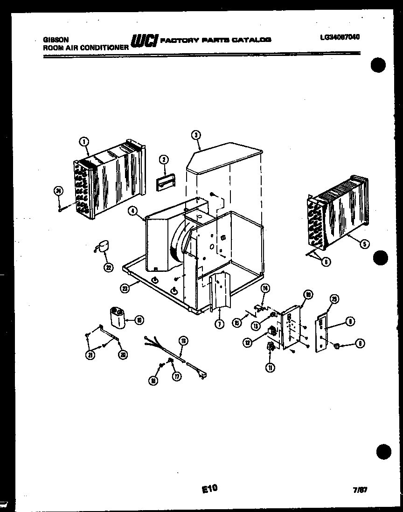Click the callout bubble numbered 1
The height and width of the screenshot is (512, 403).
tap(84, 140)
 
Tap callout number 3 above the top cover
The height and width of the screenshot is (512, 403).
tap(196, 135)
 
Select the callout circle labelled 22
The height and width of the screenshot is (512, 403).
tap(109, 267)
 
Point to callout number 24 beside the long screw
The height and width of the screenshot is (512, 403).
tap(58, 190)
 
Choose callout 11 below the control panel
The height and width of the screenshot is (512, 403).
tap(270, 367)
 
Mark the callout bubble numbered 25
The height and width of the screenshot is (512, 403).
tap(334, 299)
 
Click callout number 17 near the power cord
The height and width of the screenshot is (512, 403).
tap(176, 377)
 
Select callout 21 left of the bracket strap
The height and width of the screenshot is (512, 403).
tap(90, 355)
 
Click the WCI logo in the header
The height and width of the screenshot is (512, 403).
tap(145, 41)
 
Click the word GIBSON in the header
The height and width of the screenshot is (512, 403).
tap(54, 41)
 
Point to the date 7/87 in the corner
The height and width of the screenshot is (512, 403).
tap(361, 490)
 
